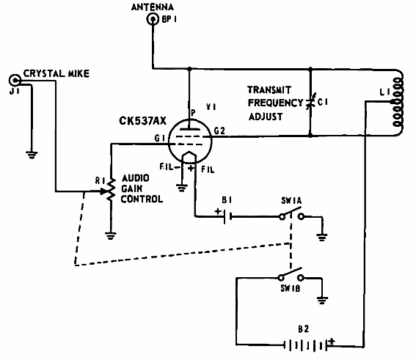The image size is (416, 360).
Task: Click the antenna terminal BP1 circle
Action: click(153, 19)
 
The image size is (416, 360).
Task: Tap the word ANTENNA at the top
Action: click(153, 7)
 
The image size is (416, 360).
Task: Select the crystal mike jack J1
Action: click(15, 80)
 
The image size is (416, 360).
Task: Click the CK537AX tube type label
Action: click(142, 121)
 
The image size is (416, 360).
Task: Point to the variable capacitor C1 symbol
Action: click(310, 102)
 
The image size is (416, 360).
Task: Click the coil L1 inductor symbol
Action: click(398, 102)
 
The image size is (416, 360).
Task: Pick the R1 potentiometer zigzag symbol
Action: click(111, 189)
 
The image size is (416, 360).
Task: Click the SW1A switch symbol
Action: click(291, 216)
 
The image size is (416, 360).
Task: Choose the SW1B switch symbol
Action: click(291, 276)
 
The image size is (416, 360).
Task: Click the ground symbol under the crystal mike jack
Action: click(32, 155)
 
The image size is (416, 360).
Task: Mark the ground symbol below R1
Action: click(110, 235)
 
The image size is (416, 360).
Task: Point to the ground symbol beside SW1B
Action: click(322, 300)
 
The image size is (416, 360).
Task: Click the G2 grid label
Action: click(219, 131)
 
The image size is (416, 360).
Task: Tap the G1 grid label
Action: click(160, 138)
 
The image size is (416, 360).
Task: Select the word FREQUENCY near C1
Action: click(275, 103)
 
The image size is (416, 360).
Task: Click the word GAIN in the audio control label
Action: click(132, 188)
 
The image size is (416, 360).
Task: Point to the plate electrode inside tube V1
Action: click(189, 129)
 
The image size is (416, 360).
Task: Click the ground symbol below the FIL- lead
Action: click(182, 188)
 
